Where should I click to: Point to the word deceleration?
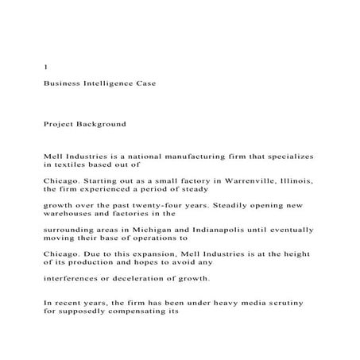point(152,277)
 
